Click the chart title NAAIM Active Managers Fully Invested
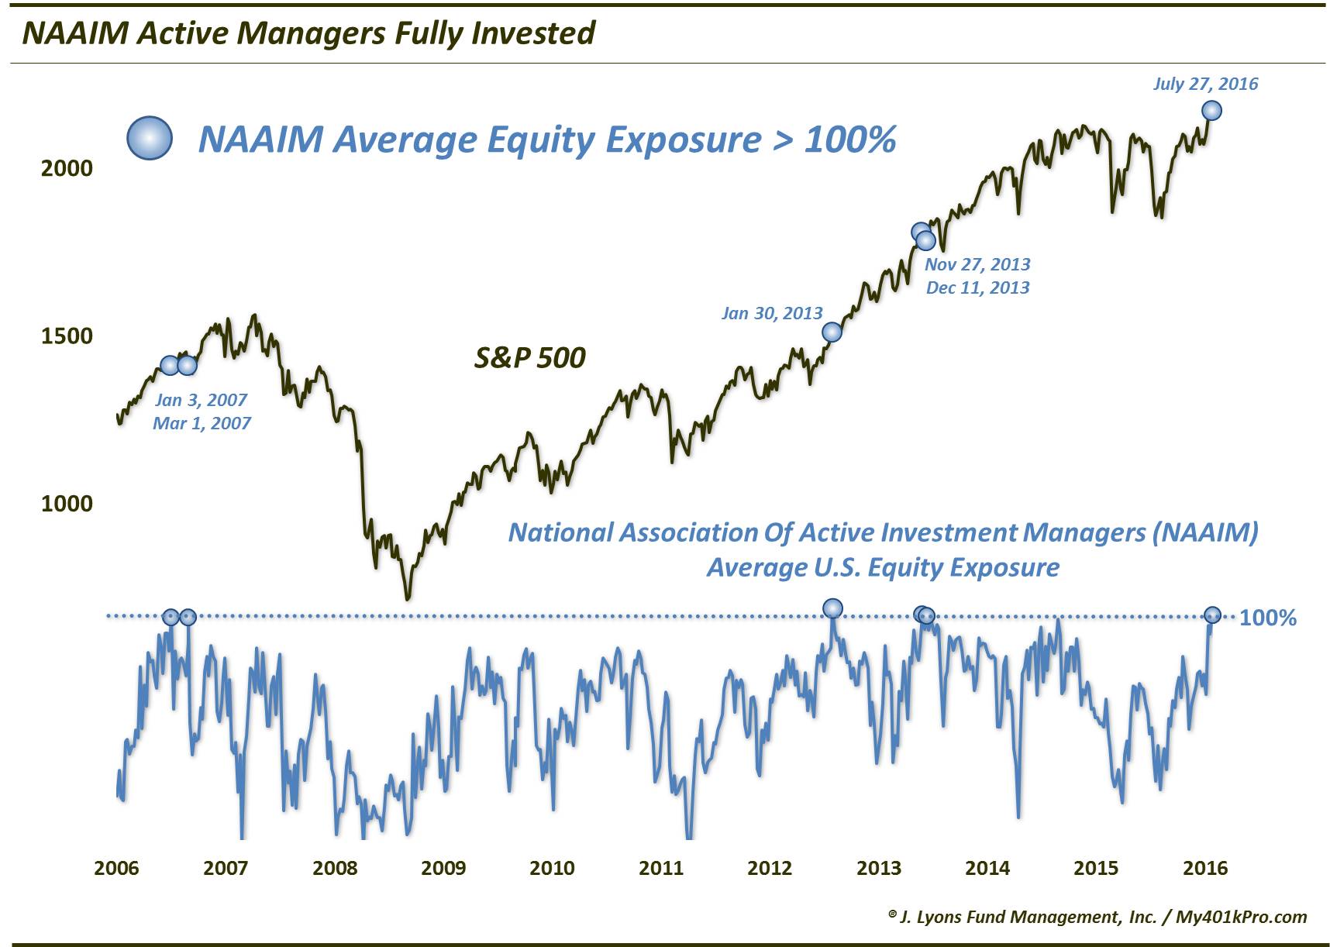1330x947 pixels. tap(308, 33)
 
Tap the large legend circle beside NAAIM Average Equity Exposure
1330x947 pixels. tap(150, 139)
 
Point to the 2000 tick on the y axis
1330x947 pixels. tap(67, 168)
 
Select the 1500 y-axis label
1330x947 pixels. tap(67, 336)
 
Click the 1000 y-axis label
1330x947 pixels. tap(67, 503)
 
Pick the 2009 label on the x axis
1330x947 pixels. tap(443, 867)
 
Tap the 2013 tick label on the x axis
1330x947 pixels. tap(878, 867)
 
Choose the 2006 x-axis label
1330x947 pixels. tap(116, 867)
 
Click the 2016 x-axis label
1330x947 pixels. tap(1205, 867)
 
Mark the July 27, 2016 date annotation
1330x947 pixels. tap(1205, 84)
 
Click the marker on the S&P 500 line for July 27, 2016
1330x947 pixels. tap(1211, 110)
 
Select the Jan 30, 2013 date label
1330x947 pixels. tap(772, 313)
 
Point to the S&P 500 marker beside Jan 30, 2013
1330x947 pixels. tap(832, 332)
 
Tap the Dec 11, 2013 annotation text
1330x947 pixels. tap(978, 288)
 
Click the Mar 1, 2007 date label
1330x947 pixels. tap(202, 423)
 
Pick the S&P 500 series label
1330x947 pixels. tap(530, 357)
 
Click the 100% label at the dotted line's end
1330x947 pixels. tap(1268, 618)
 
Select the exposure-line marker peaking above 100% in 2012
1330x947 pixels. tap(832, 608)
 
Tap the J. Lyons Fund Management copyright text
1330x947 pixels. tap(1097, 917)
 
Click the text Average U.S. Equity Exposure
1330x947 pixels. tap(883, 567)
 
